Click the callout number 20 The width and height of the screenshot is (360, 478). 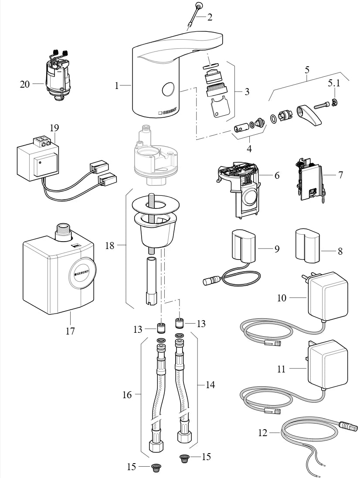tap(25, 84)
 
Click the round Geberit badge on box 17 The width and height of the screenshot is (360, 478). tap(81, 273)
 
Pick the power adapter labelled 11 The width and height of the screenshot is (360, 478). tap(327, 363)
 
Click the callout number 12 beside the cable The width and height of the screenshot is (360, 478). tap(262, 433)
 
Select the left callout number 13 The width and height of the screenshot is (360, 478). tap(138, 329)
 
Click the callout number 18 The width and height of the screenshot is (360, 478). tap(109, 246)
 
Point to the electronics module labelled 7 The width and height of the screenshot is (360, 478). tap(310, 183)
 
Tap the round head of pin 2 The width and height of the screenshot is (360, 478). tap(199, 6)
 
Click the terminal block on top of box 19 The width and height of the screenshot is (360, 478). tap(42, 141)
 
